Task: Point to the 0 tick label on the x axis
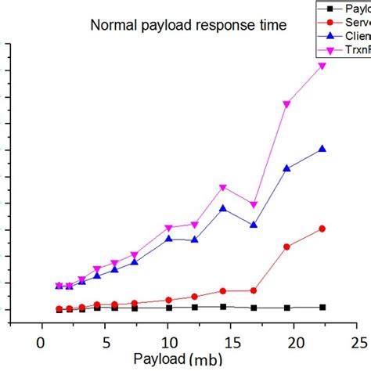click(x=40, y=342)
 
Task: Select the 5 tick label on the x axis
click(x=104, y=342)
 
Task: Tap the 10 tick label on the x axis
click(x=167, y=342)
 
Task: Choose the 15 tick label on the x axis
click(x=232, y=342)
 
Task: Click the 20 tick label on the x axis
click(x=295, y=342)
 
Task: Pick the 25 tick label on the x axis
click(x=358, y=342)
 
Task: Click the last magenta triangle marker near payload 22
click(x=322, y=66)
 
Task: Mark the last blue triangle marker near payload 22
click(x=322, y=149)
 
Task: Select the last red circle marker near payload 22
click(x=322, y=229)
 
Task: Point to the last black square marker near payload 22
click(x=322, y=308)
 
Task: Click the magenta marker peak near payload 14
click(x=223, y=188)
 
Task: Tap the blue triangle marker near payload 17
click(x=254, y=225)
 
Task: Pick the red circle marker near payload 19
click(x=286, y=247)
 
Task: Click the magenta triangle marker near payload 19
click(x=286, y=104)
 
